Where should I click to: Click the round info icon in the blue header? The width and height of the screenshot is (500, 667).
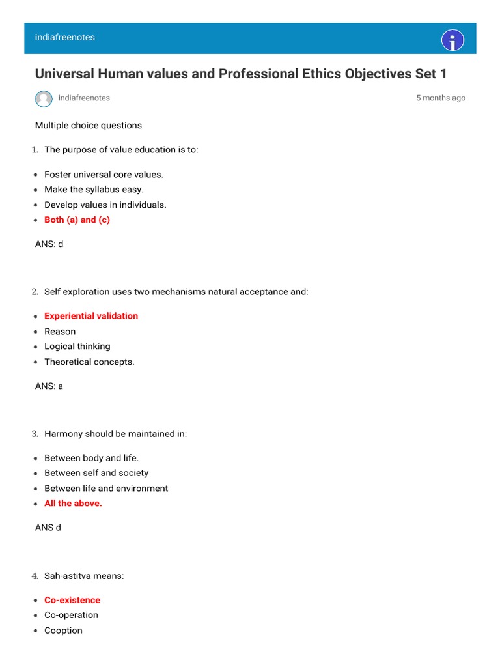(x=452, y=40)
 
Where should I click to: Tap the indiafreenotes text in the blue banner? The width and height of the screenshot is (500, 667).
(x=65, y=38)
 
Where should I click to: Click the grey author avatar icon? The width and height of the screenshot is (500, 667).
(x=44, y=98)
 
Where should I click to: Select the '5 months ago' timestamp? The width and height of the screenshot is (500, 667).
(x=441, y=98)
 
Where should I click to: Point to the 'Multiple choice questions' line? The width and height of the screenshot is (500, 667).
(x=89, y=125)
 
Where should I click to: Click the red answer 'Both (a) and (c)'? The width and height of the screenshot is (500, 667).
(x=77, y=220)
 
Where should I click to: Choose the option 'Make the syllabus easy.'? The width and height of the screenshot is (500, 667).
(x=94, y=190)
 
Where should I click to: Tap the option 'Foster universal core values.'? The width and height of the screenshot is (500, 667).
(x=104, y=175)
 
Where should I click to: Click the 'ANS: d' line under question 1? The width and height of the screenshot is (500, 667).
(x=49, y=244)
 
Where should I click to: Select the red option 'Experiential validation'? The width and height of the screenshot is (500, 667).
(x=91, y=316)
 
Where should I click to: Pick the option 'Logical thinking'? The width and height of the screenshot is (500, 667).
(x=77, y=347)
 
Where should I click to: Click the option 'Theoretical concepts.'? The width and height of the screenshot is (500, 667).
(x=89, y=362)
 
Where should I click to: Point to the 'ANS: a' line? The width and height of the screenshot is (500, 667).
(x=49, y=386)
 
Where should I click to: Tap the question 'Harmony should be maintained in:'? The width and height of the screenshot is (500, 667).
(x=115, y=434)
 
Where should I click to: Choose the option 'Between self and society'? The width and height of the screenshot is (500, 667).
(x=96, y=473)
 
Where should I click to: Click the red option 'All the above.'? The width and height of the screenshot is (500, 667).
(x=73, y=504)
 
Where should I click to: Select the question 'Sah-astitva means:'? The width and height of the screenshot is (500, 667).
(x=84, y=576)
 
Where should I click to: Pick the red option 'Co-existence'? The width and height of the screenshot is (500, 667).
(x=72, y=600)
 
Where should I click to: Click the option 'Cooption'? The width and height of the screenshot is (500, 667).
(x=63, y=631)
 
